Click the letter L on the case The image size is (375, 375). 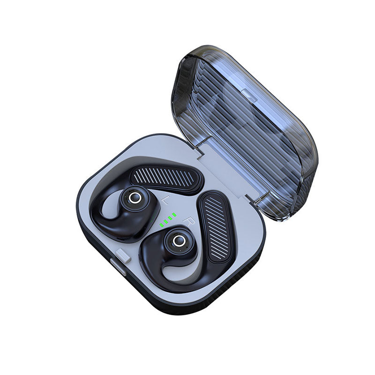pyautogui.click(x=165, y=201)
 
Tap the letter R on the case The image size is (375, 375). pyautogui.click(x=189, y=221)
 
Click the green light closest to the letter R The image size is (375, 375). pyautogui.click(x=174, y=215)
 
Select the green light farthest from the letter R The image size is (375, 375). pyautogui.click(x=161, y=225)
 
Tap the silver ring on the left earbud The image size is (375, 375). pyautogui.click(x=133, y=198)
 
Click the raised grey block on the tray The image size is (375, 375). pyautogui.click(x=123, y=255)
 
